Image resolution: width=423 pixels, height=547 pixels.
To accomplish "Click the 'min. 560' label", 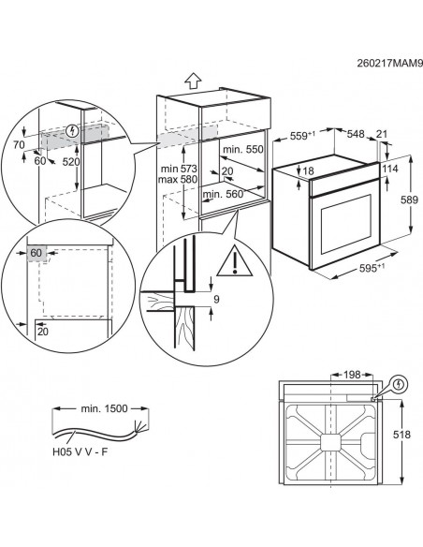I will coord(222,194).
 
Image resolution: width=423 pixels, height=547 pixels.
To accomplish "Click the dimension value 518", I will coord(401,435).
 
